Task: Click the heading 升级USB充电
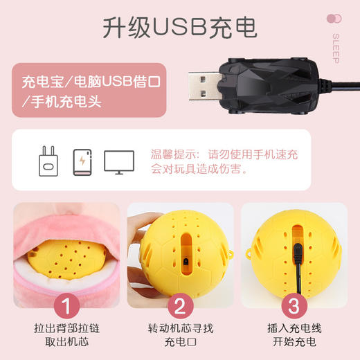179,27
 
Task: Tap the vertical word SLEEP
336,48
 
